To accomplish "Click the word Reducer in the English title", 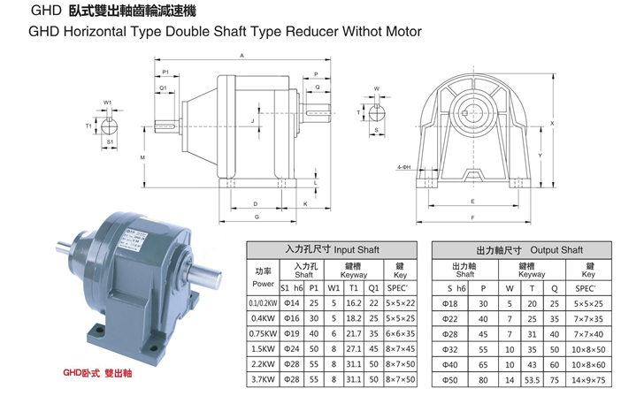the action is (311, 31).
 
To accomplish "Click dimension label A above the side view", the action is (242, 56).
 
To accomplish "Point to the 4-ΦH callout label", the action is (404, 167).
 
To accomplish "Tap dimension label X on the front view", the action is (552, 124).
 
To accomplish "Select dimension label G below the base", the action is (257, 217).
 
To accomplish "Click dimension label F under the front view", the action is (472, 217).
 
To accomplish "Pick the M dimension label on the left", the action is (142, 157).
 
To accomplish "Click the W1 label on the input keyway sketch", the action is (107, 103).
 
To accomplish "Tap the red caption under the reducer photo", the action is (97, 373).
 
